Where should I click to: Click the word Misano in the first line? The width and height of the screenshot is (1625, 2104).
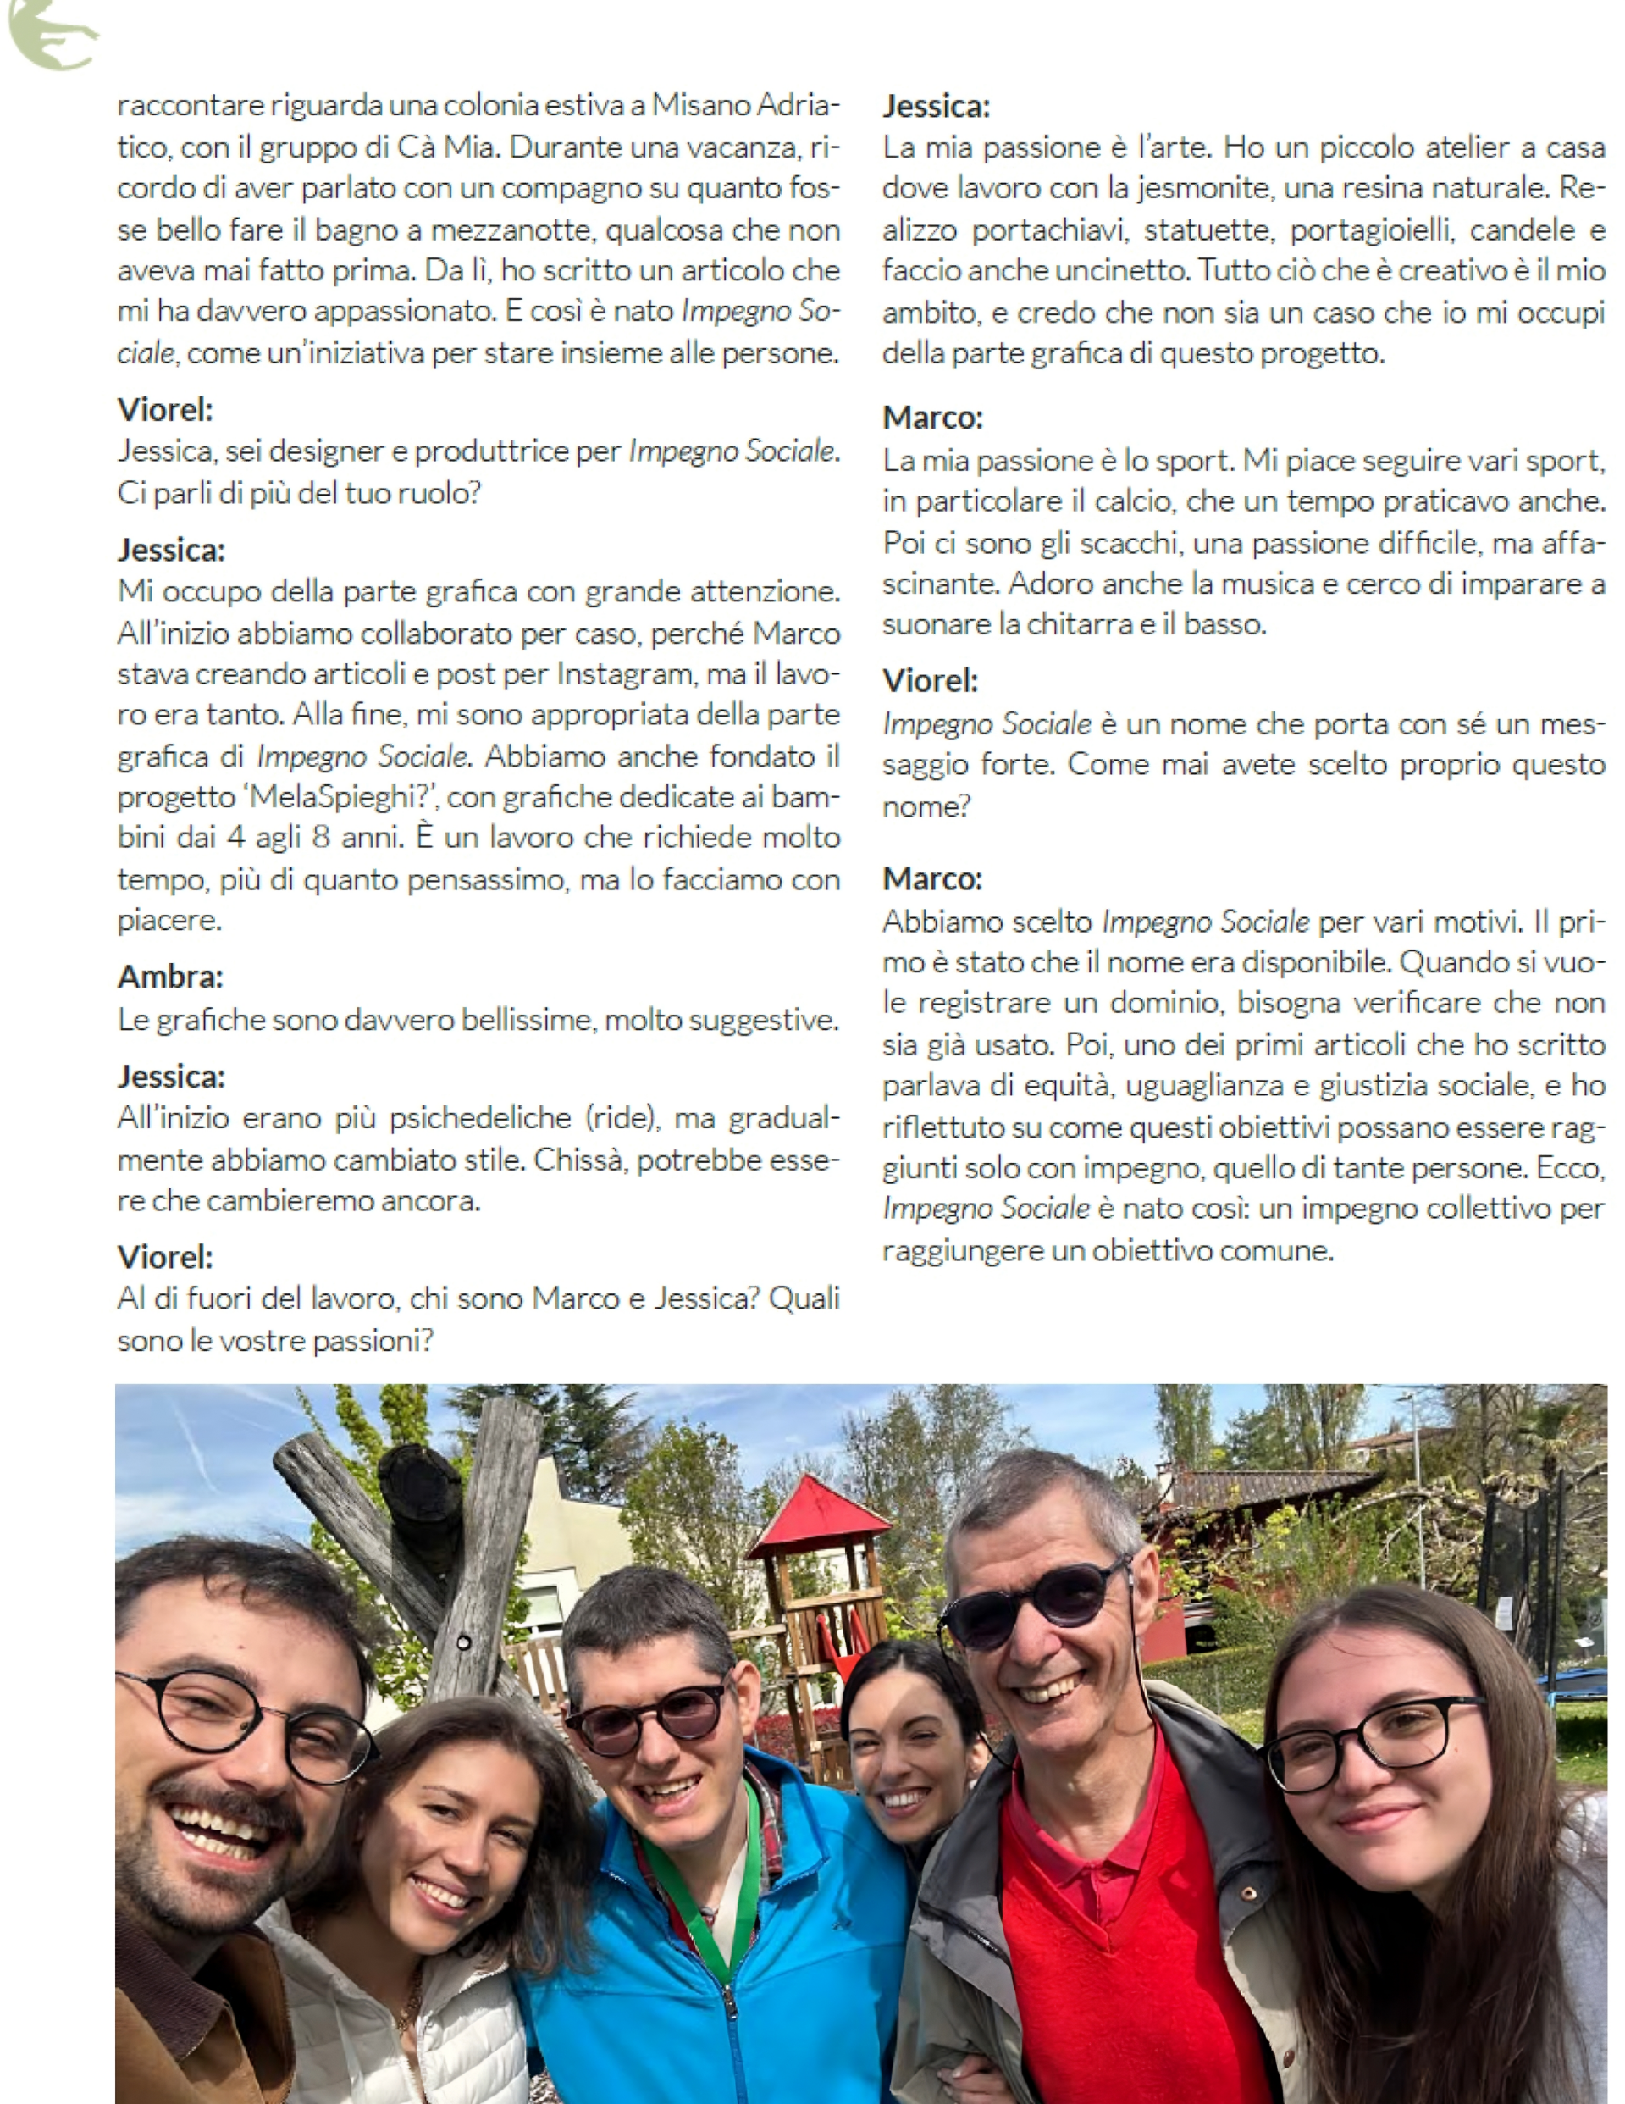click(x=701, y=105)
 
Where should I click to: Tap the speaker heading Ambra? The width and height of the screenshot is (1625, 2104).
click(x=170, y=977)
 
